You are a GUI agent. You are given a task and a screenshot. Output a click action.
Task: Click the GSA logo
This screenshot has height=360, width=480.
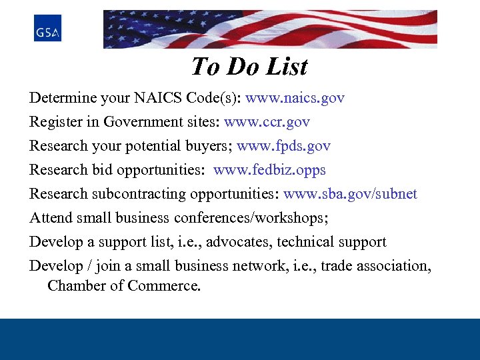pos(47,28)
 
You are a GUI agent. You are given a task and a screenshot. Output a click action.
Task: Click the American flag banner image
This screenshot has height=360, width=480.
pos(270,29)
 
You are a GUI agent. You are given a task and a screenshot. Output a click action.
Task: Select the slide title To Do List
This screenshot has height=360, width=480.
pos(249,67)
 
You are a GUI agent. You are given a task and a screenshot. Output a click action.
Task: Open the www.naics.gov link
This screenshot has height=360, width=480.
pos(295,98)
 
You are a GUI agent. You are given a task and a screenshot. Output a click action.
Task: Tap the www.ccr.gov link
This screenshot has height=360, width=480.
pos(267,122)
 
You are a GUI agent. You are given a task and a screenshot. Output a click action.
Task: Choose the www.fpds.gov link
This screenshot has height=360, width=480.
pos(283,146)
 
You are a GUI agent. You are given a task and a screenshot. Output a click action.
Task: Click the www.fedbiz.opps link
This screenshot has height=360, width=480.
pos(269,170)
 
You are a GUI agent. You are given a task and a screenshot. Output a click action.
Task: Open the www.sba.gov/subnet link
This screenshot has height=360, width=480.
pos(350,194)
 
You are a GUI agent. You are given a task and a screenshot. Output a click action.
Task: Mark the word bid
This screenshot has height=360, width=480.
pos(102,170)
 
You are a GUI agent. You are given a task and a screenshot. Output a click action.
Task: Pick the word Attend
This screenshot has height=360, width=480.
pos(51,218)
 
